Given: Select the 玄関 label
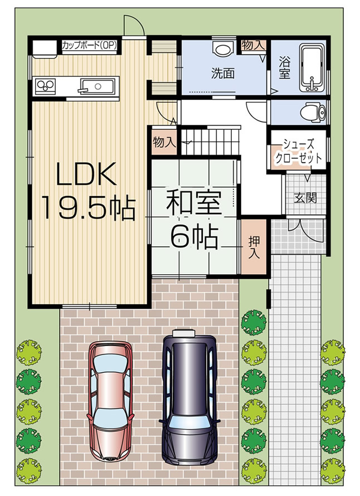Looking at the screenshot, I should (x=305, y=197).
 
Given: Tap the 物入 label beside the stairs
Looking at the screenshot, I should (x=163, y=142).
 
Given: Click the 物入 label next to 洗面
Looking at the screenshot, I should (x=253, y=45).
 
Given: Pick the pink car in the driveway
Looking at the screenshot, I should (x=111, y=392).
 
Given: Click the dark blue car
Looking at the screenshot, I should (x=188, y=395).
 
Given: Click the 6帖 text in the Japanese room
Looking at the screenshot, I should (x=193, y=238).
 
